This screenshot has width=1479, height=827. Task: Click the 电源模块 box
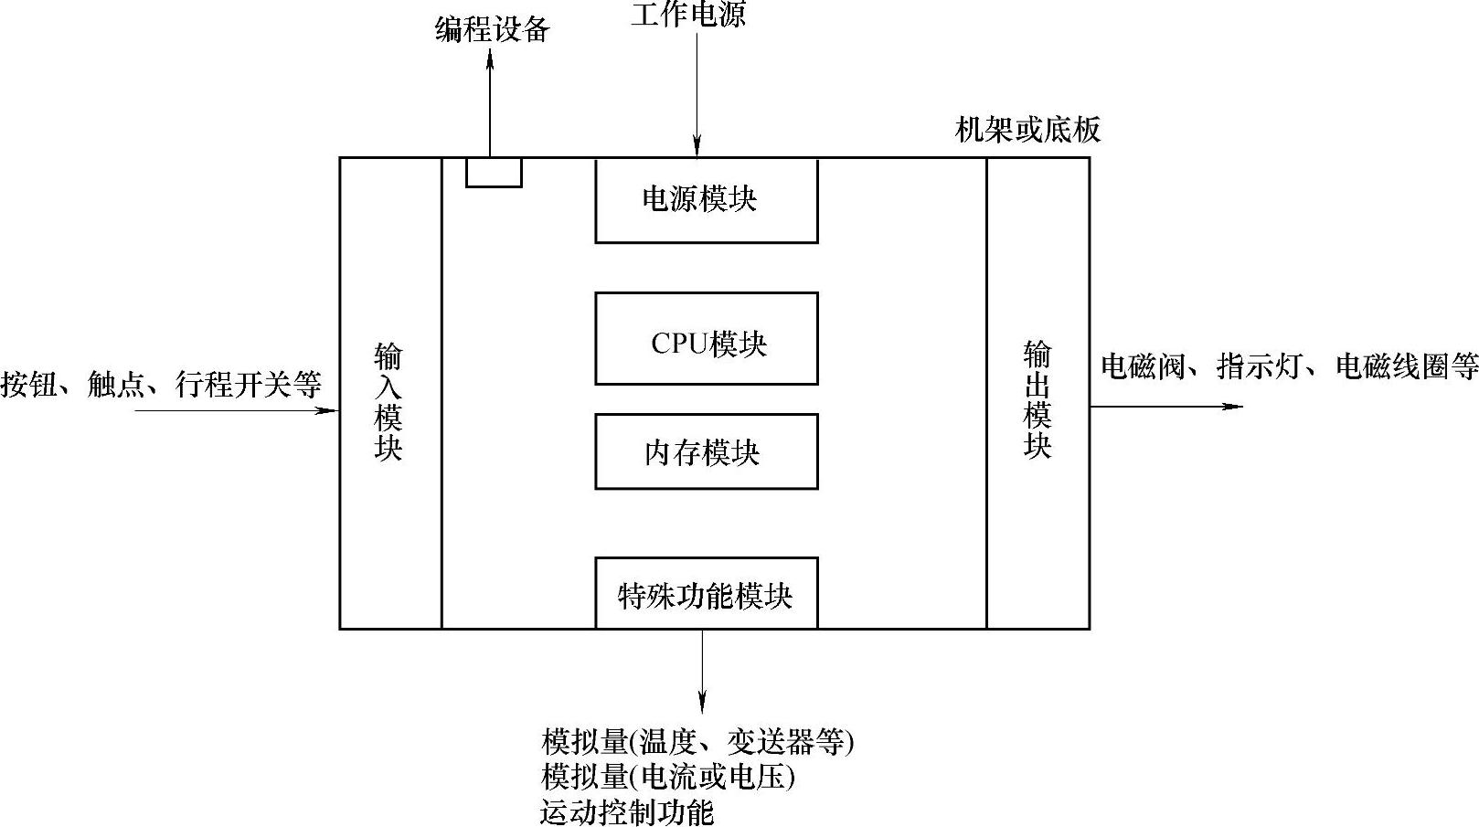coord(706,200)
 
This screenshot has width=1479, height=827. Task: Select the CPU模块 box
coord(706,339)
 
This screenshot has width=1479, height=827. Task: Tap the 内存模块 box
coord(706,451)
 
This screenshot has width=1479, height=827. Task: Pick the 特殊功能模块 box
coord(706,594)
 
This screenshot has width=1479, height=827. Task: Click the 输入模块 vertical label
coord(389,402)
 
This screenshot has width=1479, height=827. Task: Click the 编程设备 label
coord(492,30)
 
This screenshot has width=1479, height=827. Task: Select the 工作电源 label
coord(688,15)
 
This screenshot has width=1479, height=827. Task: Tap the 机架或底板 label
coord(1027,130)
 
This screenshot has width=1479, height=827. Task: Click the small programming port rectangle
coord(494,172)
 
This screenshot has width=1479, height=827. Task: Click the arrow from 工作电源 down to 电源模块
coord(697,91)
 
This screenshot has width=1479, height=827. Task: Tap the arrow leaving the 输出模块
coord(1165,406)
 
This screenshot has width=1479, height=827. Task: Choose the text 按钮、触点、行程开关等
coord(161,385)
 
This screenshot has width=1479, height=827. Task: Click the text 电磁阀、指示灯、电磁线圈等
coord(1289,366)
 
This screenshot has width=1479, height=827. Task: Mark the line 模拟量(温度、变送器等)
coord(697,741)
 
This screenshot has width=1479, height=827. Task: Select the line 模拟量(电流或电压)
coord(668,777)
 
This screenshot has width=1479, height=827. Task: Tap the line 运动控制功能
coord(627,811)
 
